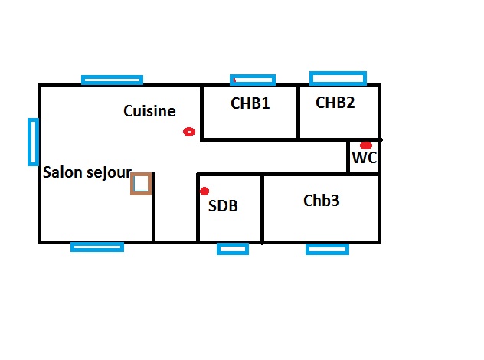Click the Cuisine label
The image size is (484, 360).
(149, 111)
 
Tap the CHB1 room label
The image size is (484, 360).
(250, 103)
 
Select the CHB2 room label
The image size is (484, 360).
(335, 103)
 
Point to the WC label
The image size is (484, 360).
(364, 158)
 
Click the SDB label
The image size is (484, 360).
(223, 205)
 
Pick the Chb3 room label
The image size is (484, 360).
(322, 201)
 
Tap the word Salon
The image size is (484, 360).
(61, 172)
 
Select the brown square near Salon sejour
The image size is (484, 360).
(140, 184)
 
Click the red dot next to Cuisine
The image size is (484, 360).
(189, 132)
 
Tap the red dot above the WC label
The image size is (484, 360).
(366, 145)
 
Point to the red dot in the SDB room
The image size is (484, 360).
(204, 191)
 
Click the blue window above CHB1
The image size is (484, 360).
(253, 80)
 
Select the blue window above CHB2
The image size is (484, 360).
(338, 77)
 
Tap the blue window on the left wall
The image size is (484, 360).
(33, 142)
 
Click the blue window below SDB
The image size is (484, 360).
(233, 248)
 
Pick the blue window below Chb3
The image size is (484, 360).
(327, 249)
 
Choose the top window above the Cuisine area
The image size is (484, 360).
(112, 80)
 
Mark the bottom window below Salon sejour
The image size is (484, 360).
(97, 247)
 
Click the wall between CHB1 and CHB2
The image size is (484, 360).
(298, 112)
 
